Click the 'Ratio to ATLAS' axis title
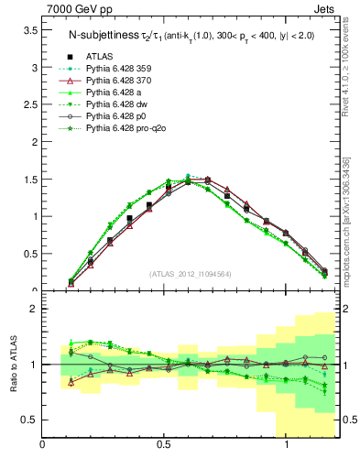pos(12,365)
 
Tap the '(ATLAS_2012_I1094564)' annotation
pos(191,273)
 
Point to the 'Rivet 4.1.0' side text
pos(348,55)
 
